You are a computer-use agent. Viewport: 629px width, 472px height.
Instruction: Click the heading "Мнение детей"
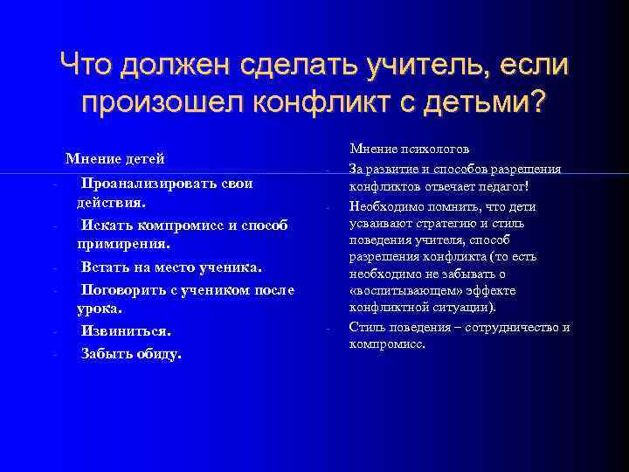pos(114,159)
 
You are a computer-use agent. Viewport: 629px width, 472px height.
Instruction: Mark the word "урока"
pos(97,309)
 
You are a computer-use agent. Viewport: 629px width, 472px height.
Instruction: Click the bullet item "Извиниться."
pos(126,331)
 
